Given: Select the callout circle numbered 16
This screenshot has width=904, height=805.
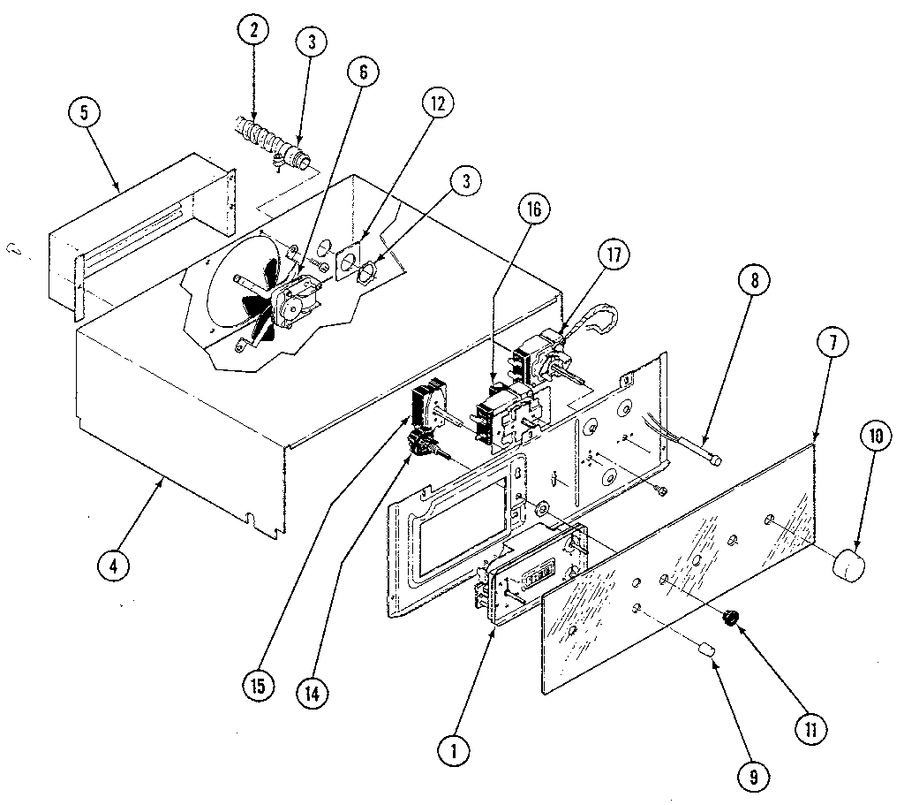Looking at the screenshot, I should click(536, 210).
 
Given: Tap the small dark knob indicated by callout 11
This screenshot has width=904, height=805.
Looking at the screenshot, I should click(731, 619).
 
